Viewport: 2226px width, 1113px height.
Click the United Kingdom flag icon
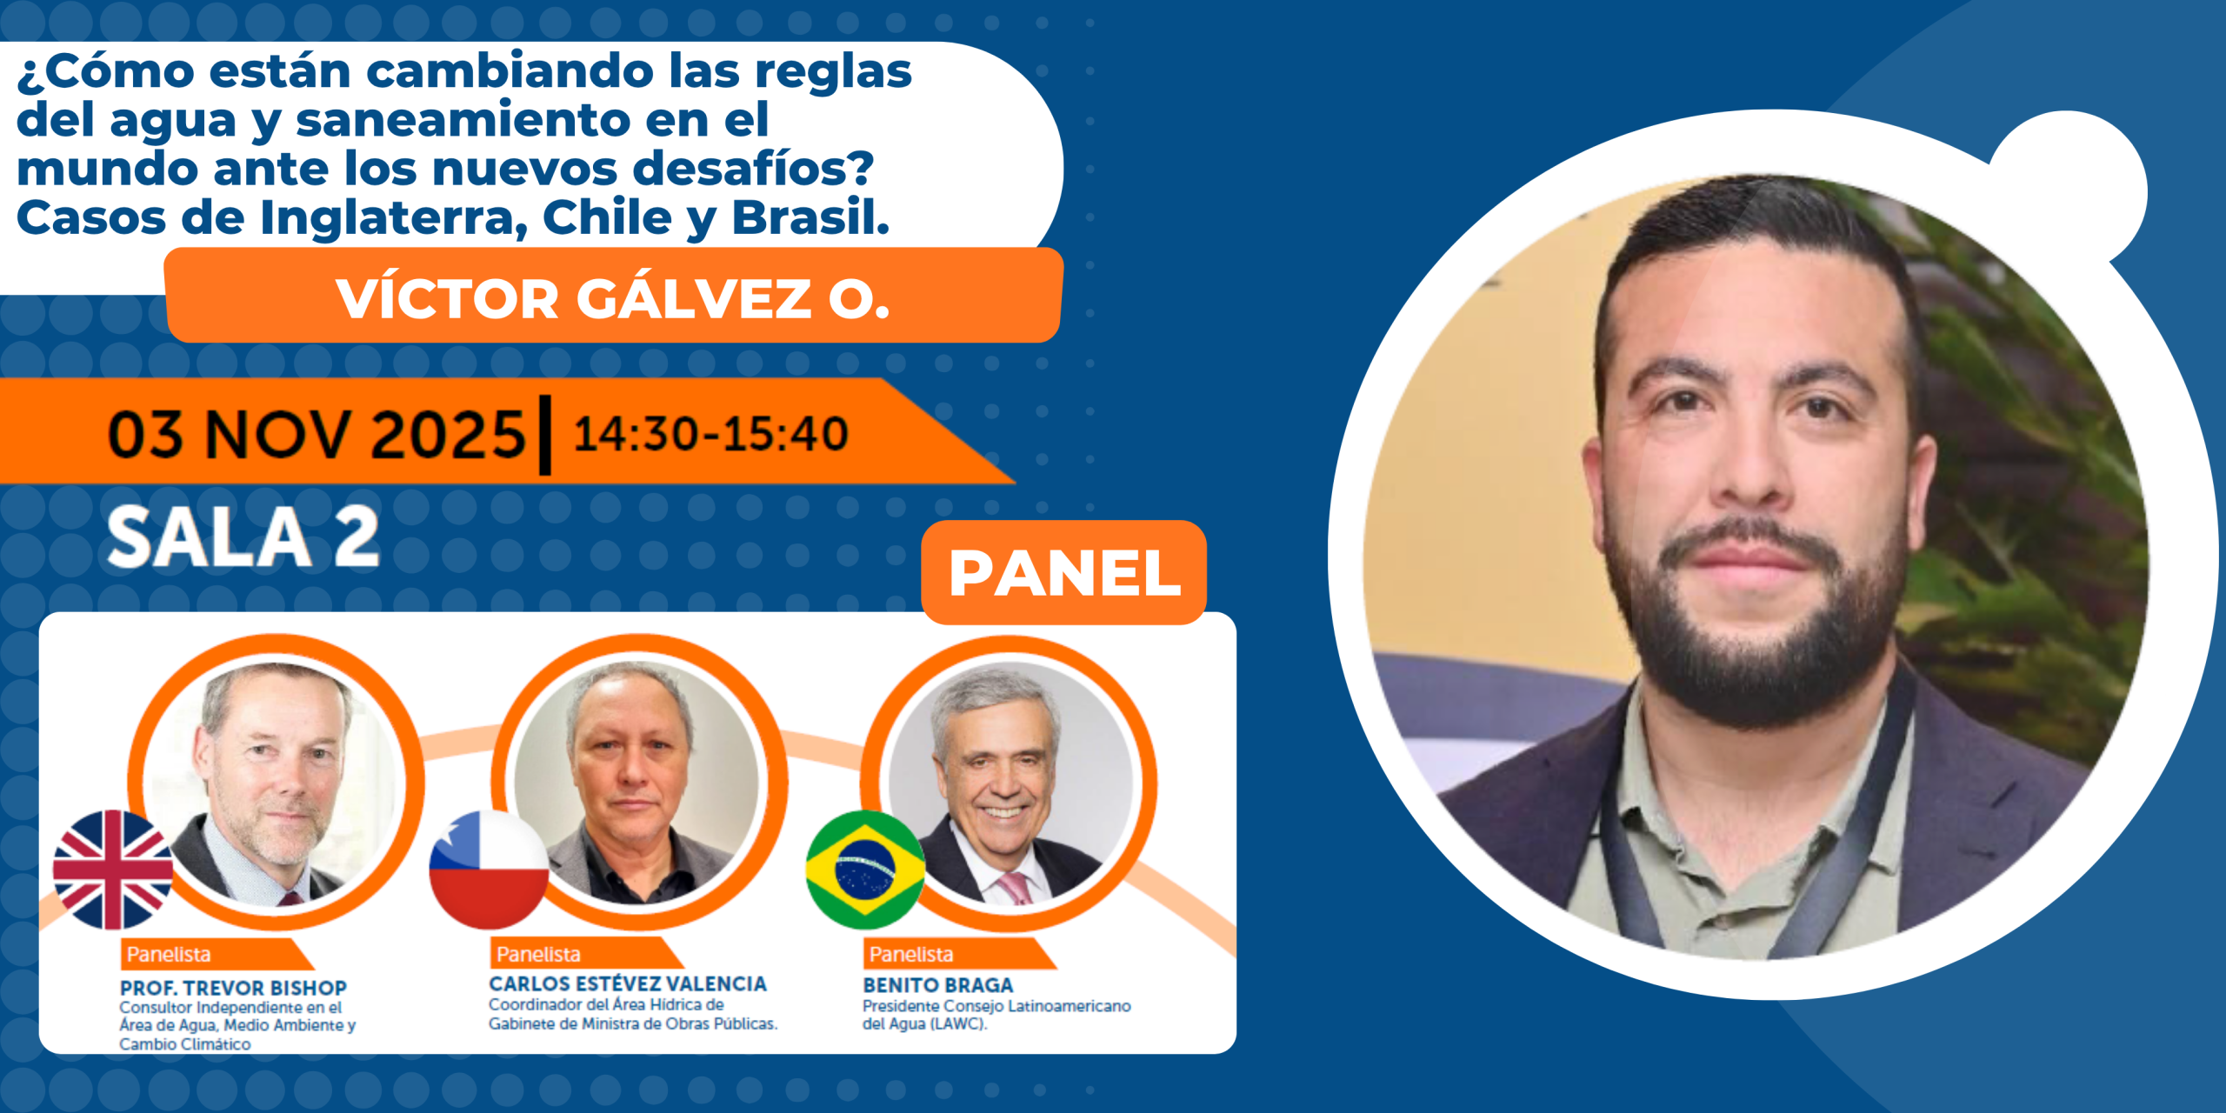click(113, 870)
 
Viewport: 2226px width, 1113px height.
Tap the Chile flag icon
click(490, 870)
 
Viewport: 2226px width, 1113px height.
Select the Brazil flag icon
click(865, 870)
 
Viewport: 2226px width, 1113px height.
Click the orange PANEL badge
click(1063, 572)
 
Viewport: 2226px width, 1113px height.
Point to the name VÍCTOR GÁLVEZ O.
click(613, 298)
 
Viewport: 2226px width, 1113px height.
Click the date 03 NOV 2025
click(317, 434)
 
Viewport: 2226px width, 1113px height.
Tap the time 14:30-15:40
click(710, 434)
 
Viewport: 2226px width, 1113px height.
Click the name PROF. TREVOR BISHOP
click(233, 988)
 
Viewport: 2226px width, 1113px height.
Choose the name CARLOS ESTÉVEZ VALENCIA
click(628, 983)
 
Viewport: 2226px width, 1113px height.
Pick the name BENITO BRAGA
click(938, 985)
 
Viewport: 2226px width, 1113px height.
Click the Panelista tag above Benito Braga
click(911, 954)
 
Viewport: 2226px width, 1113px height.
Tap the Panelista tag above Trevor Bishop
click(169, 954)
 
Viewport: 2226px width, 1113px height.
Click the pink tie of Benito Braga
click(1015, 890)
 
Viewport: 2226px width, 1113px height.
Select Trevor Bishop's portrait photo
click(276, 783)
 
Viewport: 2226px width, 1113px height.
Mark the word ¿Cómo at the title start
click(105, 71)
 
